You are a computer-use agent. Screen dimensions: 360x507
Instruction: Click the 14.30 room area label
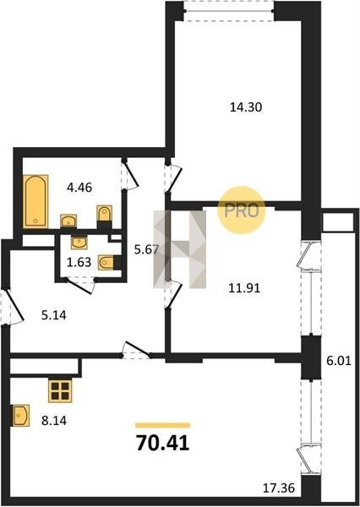[246, 107]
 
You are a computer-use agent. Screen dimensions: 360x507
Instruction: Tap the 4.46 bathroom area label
[79, 188]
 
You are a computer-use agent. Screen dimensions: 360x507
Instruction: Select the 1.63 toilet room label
[79, 262]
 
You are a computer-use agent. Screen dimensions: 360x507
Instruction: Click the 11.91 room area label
[244, 288]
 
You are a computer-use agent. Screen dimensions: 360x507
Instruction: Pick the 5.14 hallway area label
[54, 314]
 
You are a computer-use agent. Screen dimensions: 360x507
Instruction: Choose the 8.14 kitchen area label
[54, 421]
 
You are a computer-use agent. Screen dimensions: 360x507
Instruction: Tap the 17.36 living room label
[279, 488]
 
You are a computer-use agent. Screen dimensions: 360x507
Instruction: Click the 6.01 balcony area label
[339, 361]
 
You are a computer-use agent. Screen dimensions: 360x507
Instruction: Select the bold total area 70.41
[163, 443]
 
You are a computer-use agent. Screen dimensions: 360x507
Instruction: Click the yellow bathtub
[35, 201]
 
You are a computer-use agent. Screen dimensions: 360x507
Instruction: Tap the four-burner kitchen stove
[60, 390]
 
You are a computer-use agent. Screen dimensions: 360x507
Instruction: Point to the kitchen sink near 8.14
[20, 416]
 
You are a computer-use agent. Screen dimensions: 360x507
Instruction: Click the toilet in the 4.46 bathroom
[105, 214]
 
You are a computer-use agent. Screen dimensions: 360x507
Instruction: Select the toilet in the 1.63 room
[107, 263]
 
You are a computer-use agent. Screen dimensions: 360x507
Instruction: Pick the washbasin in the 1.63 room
[79, 243]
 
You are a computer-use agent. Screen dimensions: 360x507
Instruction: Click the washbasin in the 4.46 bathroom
[68, 221]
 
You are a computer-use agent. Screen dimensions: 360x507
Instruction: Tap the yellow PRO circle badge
[242, 210]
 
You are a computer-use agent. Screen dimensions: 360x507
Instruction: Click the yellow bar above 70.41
[163, 425]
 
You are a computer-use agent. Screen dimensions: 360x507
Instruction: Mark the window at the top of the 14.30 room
[229, 11]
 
